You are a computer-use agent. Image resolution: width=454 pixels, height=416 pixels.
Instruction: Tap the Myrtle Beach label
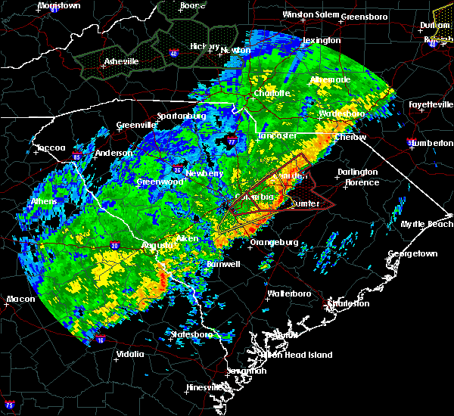pyautogui.click(x=430, y=224)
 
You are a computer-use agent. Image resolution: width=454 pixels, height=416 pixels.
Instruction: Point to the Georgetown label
pyautogui.click(x=413, y=254)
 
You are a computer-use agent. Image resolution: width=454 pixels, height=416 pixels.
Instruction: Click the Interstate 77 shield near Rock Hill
pyautogui.click(x=232, y=141)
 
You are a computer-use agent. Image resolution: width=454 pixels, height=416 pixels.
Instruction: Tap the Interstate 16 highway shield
pyautogui.click(x=101, y=341)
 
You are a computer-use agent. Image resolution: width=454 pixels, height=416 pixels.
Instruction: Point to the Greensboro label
pyautogui.click(x=364, y=16)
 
